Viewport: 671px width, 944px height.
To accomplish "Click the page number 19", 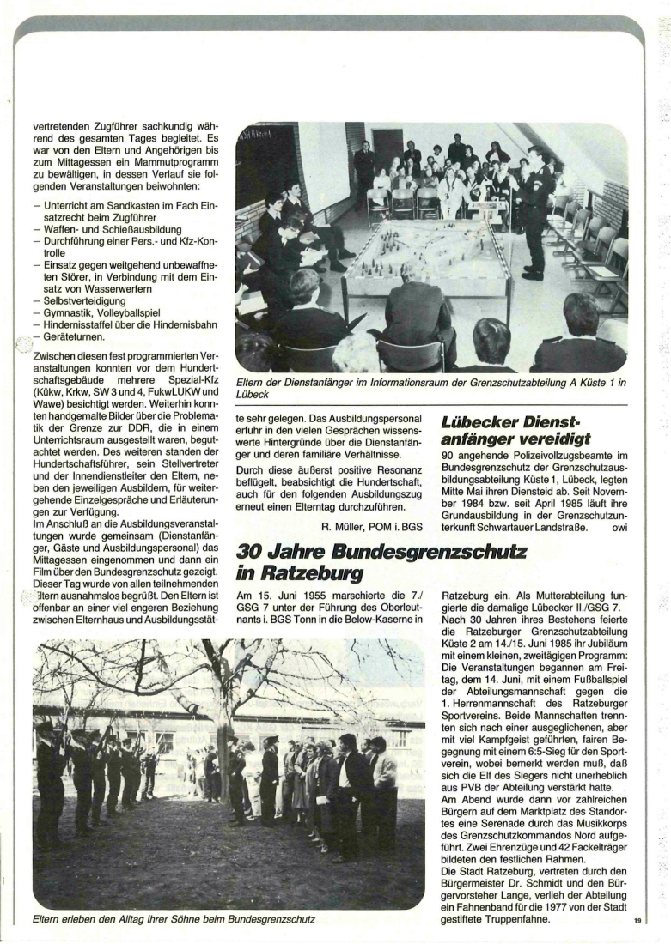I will click(x=637, y=922).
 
